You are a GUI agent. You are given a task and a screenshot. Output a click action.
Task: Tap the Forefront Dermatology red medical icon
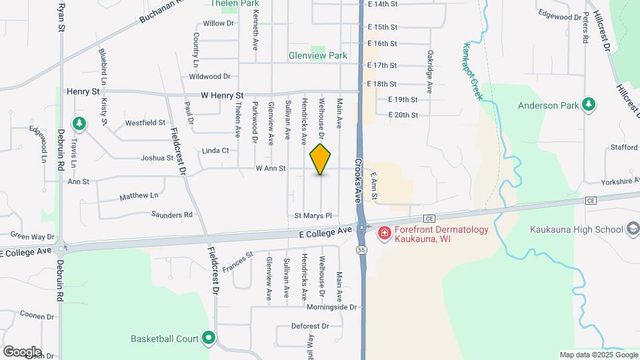pos(384,233)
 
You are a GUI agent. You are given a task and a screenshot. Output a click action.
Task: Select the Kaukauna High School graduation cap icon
pos(632,230)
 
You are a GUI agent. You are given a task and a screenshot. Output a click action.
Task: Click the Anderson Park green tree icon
pos(588,105)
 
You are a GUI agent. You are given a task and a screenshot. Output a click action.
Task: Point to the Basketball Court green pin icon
pos(209,339)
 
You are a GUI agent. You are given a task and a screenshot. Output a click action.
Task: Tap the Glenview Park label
pos(317,56)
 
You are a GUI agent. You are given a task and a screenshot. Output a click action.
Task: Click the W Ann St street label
pos(270,169)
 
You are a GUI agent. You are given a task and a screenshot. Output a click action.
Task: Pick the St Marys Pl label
pos(313,215)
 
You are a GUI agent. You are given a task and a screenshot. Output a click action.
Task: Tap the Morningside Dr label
pos(332,307)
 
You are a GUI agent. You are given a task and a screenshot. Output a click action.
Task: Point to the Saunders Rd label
pos(171,215)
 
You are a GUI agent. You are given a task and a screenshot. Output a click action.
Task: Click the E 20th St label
pos(403,115)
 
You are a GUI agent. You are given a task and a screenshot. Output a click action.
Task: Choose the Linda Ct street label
pos(216,151)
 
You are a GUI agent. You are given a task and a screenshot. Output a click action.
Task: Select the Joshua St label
pos(157,158)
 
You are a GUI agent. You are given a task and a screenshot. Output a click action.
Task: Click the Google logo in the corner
pos(22,352)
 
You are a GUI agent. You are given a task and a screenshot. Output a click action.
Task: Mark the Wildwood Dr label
pos(209,77)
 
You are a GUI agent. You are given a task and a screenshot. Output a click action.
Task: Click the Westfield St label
pos(145,123)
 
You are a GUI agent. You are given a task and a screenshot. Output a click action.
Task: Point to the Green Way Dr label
pos(32,236)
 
